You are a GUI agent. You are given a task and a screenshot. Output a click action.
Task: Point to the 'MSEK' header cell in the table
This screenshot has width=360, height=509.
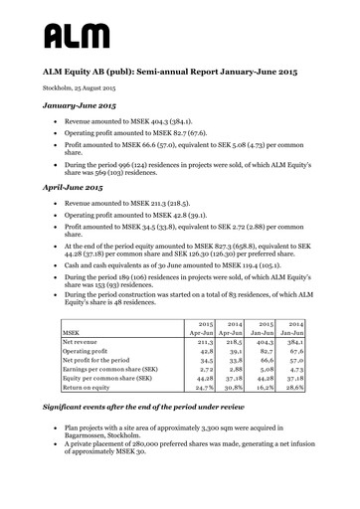coord(71,334)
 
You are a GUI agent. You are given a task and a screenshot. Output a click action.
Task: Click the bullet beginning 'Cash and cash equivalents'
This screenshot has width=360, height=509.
coord(174,267)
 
